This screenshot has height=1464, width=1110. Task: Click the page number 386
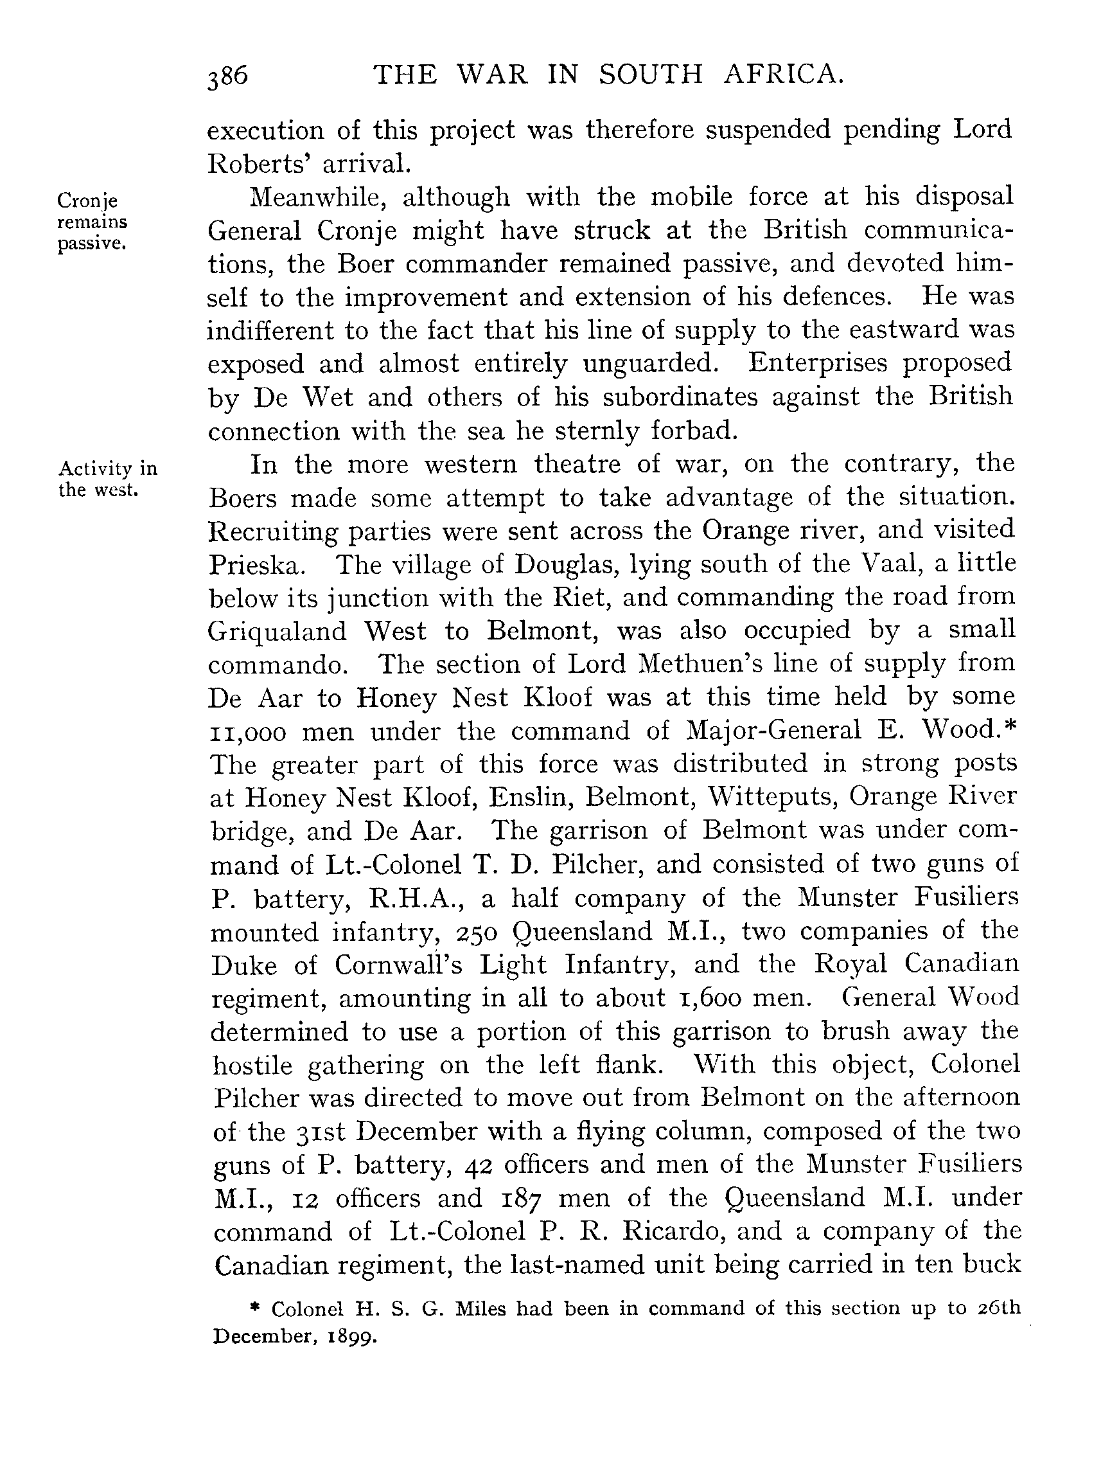pyautogui.click(x=227, y=76)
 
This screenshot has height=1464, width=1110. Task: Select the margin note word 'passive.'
pyautogui.click(x=91, y=244)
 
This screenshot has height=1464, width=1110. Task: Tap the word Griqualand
pyautogui.click(x=277, y=631)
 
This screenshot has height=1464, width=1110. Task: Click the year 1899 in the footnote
pyautogui.click(x=355, y=1337)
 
